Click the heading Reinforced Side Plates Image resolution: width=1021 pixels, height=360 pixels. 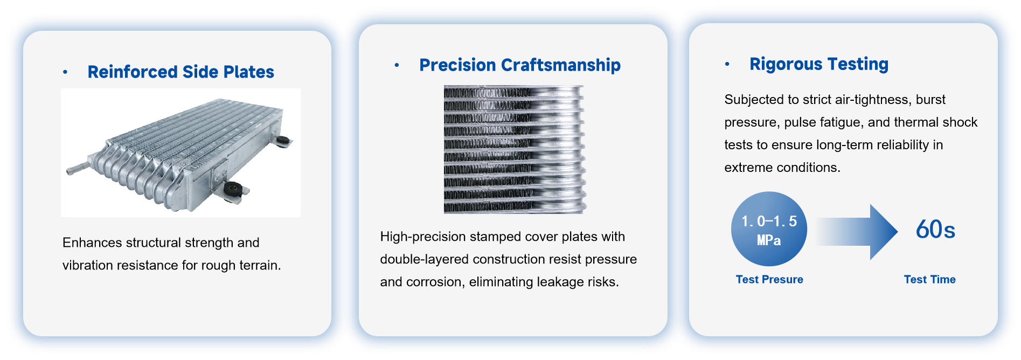click(x=180, y=72)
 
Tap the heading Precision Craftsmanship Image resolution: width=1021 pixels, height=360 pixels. click(x=520, y=65)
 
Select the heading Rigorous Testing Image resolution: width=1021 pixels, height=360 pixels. click(x=819, y=64)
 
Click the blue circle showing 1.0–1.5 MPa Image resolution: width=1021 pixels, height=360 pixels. click(x=769, y=229)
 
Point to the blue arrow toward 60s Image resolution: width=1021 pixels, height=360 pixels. click(x=857, y=232)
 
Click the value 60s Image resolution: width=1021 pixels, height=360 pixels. click(x=935, y=230)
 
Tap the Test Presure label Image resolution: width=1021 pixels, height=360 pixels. click(x=769, y=279)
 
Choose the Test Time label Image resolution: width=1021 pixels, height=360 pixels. click(x=929, y=279)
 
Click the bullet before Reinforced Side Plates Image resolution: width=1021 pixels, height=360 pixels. click(x=65, y=72)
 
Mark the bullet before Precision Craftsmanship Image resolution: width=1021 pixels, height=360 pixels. click(x=397, y=65)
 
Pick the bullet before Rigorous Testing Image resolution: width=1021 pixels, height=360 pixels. click(x=727, y=64)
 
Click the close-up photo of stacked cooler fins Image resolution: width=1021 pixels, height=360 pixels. click(x=515, y=149)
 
